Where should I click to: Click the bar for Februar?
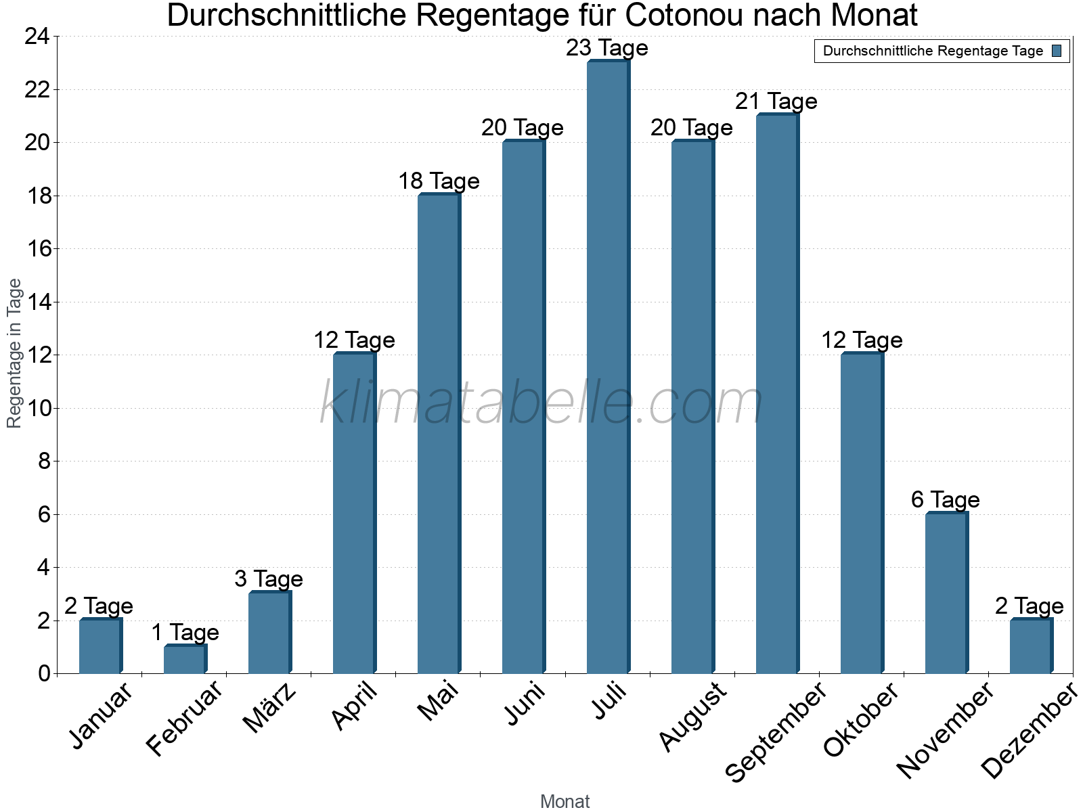185,660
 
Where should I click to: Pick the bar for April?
354,514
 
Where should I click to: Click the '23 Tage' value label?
607,48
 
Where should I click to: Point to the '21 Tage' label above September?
776,101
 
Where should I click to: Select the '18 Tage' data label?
439,181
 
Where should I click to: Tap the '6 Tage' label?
946,500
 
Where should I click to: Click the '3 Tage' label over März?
269,579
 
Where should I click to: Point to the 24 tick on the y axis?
37,37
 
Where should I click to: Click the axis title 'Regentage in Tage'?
14,353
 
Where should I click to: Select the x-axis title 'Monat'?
565,802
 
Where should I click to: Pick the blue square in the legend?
1057,51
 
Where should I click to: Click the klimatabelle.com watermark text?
541,403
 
